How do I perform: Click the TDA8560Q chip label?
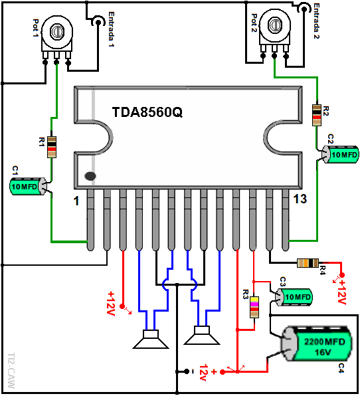[x=147, y=113]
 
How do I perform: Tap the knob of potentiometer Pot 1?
[x=57, y=32]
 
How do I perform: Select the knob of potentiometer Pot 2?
[x=275, y=25]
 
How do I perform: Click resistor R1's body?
[x=52, y=148]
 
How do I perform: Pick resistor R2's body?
[x=317, y=115]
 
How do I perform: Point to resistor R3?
[x=254, y=307]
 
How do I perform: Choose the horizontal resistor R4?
[x=308, y=263]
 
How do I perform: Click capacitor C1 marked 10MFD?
[x=29, y=187]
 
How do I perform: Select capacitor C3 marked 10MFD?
[x=294, y=297]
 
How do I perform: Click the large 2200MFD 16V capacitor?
[x=317, y=344]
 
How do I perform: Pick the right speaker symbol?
[x=202, y=335]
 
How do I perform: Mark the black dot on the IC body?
[x=90, y=176]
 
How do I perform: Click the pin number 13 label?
[x=300, y=199]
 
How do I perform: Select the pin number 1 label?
[x=76, y=201]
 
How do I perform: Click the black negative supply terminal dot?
[x=187, y=371]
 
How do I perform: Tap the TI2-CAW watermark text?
[x=11, y=371]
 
